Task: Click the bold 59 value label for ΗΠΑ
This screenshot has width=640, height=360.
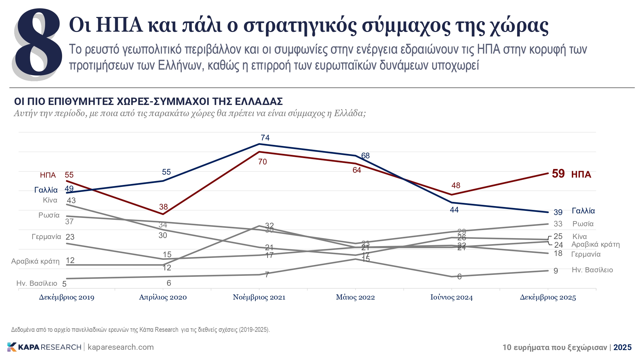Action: pyautogui.click(x=558, y=174)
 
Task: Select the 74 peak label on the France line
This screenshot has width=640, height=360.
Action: pyautogui.click(x=265, y=138)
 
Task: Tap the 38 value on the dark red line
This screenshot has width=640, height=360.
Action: pyautogui.click(x=163, y=207)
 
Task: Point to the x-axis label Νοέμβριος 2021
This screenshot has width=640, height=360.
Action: pyautogui.click(x=259, y=297)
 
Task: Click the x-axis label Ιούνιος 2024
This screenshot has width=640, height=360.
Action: pyautogui.click(x=451, y=297)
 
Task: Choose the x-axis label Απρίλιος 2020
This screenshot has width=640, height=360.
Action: pyautogui.click(x=163, y=297)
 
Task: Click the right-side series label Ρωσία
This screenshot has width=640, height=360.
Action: pyautogui.click(x=583, y=224)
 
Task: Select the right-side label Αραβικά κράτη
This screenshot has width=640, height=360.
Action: pyautogui.click(x=595, y=244)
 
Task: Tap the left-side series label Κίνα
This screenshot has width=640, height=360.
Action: pyautogui.click(x=50, y=200)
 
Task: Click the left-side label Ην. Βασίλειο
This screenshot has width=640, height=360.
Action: pyautogui.click(x=37, y=283)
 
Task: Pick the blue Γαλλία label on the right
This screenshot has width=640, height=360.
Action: pyautogui.click(x=583, y=211)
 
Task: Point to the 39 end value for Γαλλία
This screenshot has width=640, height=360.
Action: pyautogui.click(x=558, y=212)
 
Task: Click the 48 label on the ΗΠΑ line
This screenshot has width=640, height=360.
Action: pyautogui.click(x=456, y=185)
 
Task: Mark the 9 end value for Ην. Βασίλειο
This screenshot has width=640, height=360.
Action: pyautogui.click(x=556, y=271)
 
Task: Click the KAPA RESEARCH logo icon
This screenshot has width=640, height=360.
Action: pyautogui.click(x=12, y=347)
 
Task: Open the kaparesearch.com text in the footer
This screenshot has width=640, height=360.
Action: pyautogui.click(x=121, y=347)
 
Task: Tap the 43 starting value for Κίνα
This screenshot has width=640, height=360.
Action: pyautogui.click(x=71, y=201)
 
